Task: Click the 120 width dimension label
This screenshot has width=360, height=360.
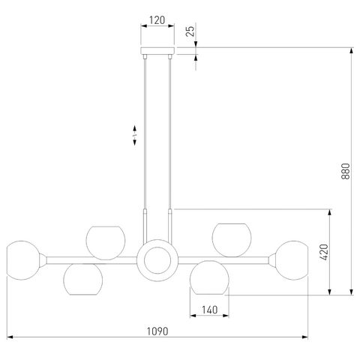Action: pyautogui.click(x=157, y=20)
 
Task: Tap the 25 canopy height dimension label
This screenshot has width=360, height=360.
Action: pyautogui.click(x=190, y=31)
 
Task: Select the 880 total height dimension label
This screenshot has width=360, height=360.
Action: pyautogui.click(x=345, y=171)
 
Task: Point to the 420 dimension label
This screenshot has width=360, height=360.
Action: pyautogui.click(x=324, y=252)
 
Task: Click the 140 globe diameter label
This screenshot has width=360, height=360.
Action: pyautogui.click(x=209, y=310)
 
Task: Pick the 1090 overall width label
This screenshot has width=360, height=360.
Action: pyautogui.click(x=157, y=331)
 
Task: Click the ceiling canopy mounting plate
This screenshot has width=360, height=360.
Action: pyautogui.click(x=157, y=50)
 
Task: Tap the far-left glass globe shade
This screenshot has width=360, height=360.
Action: pyautogui.click(x=23, y=260)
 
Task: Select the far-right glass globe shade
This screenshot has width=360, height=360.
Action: pyautogui.click(x=292, y=260)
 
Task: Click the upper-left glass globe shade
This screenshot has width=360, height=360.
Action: pyautogui.click(x=106, y=243)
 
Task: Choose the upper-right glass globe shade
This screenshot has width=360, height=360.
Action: pyautogui.click(x=232, y=240)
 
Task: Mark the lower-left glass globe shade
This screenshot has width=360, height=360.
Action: pyautogui.click(x=83, y=279)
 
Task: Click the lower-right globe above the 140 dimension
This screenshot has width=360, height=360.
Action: pyautogui.click(x=209, y=277)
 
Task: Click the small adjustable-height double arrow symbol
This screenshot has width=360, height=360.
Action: pyautogui.click(x=134, y=135)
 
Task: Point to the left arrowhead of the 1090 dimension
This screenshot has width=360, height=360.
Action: pyautogui.click(x=10, y=337)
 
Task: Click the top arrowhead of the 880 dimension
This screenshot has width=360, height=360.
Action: pyautogui.click(x=352, y=50)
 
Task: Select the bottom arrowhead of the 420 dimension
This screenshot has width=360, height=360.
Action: pyautogui.click(x=329, y=292)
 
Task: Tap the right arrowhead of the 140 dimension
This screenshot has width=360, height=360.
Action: pyautogui.click(x=226, y=316)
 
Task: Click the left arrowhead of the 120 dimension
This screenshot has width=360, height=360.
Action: pyautogui.click(x=144, y=25)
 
